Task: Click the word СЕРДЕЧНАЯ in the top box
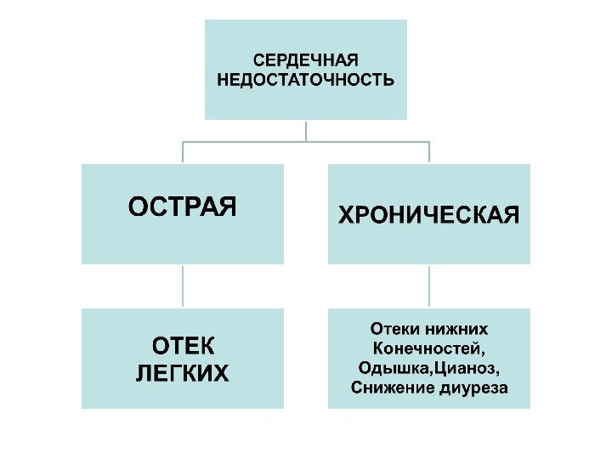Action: click(306, 62)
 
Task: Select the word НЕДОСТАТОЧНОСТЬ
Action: click(306, 81)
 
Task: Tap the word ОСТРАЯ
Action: click(182, 207)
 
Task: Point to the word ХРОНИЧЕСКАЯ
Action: click(428, 214)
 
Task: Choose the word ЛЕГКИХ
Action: click(183, 373)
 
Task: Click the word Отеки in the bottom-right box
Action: click(394, 328)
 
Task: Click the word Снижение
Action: click(387, 388)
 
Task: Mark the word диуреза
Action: click(469, 388)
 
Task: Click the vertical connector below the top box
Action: click(306, 130)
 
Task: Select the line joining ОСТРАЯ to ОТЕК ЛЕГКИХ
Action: click(183, 286)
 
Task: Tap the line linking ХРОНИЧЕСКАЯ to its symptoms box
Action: click(429, 286)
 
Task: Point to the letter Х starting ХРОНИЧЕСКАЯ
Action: click(347, 214)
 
